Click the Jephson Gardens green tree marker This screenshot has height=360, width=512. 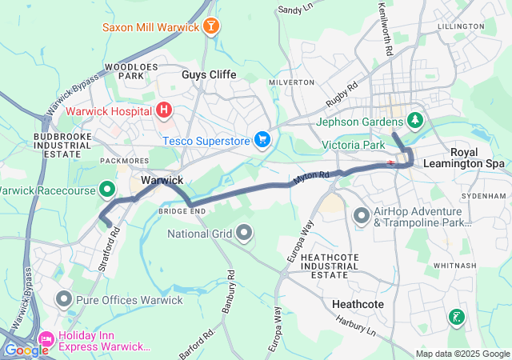click(x=415, y=122)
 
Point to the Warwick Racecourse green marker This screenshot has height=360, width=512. click(x=107, y=190)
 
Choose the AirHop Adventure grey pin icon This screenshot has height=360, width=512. click(x=362, y=215)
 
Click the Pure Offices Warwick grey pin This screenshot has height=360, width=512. click(x=64, y=299)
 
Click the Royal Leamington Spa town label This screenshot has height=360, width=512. click(x=477, y=158)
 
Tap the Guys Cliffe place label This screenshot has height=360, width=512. click(x=209, y=74)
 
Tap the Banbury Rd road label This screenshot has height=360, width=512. click(x=231, y=286)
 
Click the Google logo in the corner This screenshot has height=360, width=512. click(x=26, y=350)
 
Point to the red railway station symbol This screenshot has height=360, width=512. click(x=391, y=162)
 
